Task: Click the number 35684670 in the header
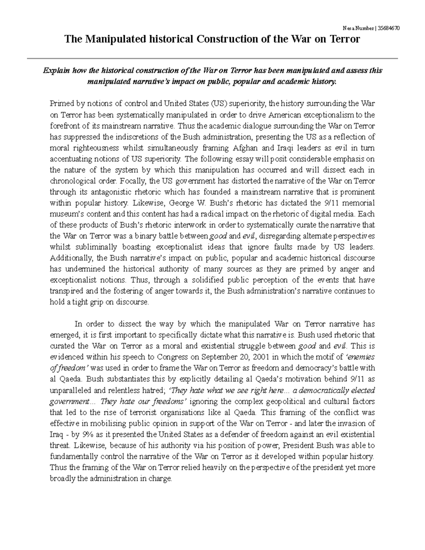point(389,29)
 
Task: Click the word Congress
point(171,357)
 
